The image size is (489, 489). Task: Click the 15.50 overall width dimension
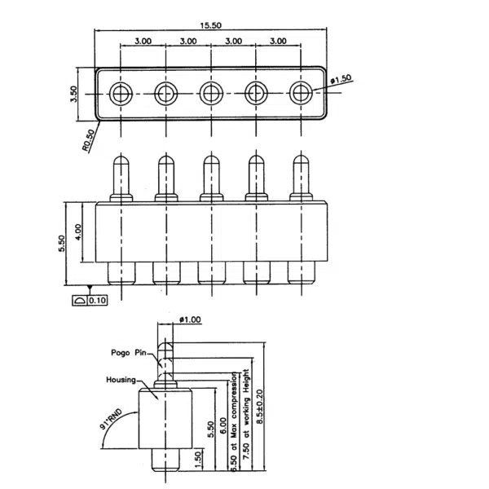pos(210,25)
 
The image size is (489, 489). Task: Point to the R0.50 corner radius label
pos(89,139)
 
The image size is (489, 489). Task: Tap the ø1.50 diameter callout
pos(341,78)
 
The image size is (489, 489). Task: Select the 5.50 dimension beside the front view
pos(62,244)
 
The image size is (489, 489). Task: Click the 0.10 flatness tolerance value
pos(98,300)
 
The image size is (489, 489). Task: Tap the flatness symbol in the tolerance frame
pos(80,300)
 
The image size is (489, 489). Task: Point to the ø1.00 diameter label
pos(188,319)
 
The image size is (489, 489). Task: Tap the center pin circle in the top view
pos(210,93)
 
